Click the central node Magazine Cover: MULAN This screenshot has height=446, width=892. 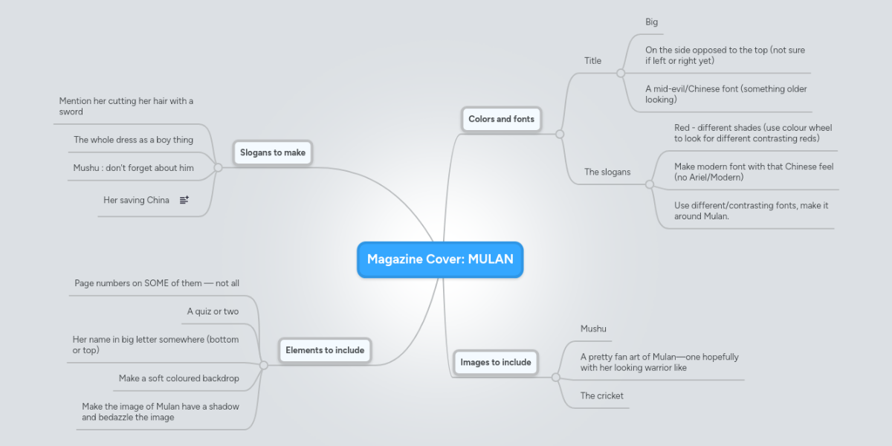click(x=440, y=259)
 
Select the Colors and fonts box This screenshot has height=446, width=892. click(x=501, y=119)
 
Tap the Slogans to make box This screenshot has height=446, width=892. click(x=273, y=152)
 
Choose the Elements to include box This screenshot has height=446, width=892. click(x=325, y=350)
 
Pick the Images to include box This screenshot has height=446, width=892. click(x=496, y=362)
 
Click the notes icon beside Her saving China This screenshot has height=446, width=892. click(x=184, y=200)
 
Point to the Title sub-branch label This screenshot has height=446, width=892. click(x=592, y=61)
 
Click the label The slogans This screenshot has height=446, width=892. click(x=607, y=172)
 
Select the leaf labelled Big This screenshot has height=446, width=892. click(x=651, y=22)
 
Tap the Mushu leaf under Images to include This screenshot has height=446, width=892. click(x=593, y=329)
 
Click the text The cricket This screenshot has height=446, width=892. click(x=602, y=395)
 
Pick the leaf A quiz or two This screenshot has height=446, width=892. click(x=213, y=311)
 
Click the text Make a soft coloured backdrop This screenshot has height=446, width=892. click(x=179, y=378)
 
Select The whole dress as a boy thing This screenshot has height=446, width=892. click(x=133, y=140)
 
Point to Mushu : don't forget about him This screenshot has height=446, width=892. click(x=133, y=168)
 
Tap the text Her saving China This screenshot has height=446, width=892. click(x=136, y=200)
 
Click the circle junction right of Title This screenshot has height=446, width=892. click(x=621, y=74)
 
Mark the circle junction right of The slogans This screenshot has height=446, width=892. click(x=649, y=184)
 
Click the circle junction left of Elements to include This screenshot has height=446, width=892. click(x=263, y=365)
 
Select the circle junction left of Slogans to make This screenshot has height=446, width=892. click(x=218, y=168)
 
